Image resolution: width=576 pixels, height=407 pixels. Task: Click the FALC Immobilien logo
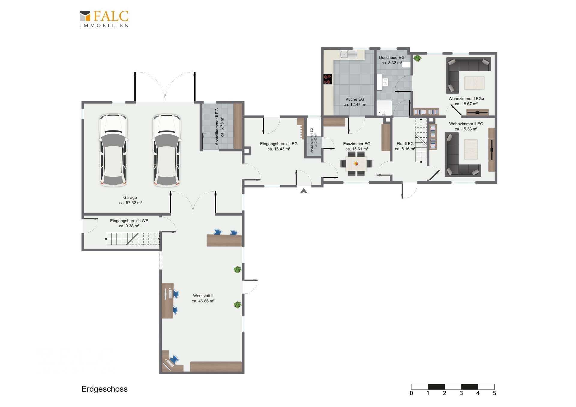[x=104, y=19]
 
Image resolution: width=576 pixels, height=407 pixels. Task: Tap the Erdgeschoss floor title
[x=104, y=389]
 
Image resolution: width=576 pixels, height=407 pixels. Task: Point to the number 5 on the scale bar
[x=494, y=393]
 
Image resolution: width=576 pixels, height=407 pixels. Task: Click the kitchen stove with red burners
[x=327, y=79]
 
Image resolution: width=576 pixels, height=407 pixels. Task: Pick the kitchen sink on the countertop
[x=349, y=54]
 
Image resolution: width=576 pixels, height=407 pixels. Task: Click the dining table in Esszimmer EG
[x=356, y=164]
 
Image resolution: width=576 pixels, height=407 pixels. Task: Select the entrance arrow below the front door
[x=304, y=191]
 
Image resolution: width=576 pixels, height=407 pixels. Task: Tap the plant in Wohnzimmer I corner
[x=417, y=58]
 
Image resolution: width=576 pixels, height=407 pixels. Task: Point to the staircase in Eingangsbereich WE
[x=132, y=239]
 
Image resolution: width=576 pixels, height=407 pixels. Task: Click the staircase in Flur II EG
[x=421, y=140]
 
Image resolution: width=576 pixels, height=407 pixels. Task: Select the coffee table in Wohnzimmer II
[x=471, y=149]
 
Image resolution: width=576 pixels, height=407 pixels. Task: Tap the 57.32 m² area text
[x=130, y=203]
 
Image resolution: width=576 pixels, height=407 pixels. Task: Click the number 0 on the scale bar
[x=411, y=393]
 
